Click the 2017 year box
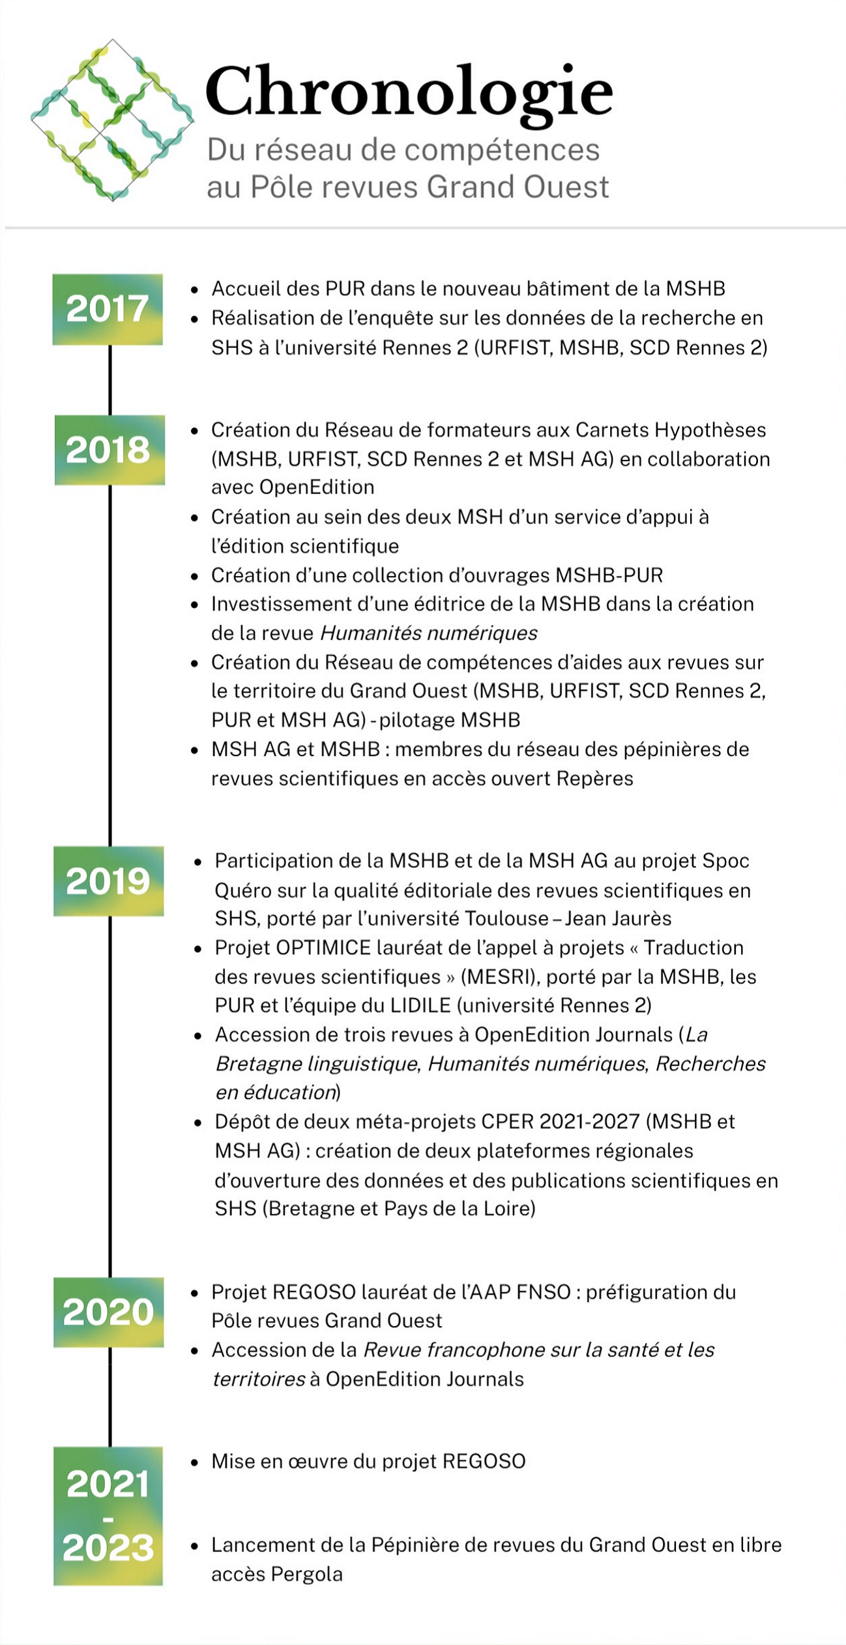(x=108, y=309)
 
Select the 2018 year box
(x=109, y=450)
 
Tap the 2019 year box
(x=109, y=881)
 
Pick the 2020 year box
(x=109, y=1312)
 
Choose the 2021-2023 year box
(x=108, y=1516)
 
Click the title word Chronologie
(x=409, y=93)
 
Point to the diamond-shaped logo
(x=112, y=120)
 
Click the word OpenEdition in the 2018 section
(x=317, y=487)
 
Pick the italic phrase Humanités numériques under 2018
(x=429, y=633)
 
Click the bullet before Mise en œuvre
(x=194, y=1463)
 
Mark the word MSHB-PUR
(x=609, y=575)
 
